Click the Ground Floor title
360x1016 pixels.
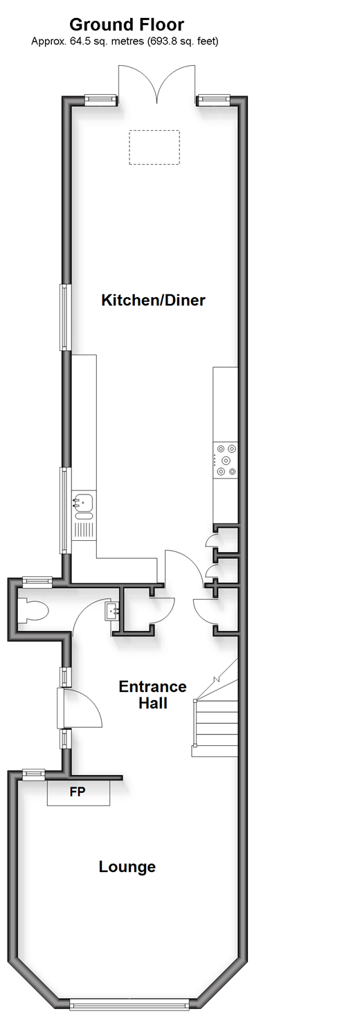127,24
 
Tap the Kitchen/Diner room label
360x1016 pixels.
153,300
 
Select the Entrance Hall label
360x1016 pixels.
152,695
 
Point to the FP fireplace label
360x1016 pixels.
78,792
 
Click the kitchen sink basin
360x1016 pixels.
83,501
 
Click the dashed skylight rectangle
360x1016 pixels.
154,148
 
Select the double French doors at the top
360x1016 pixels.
157,84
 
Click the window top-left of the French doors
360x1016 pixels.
100,98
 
